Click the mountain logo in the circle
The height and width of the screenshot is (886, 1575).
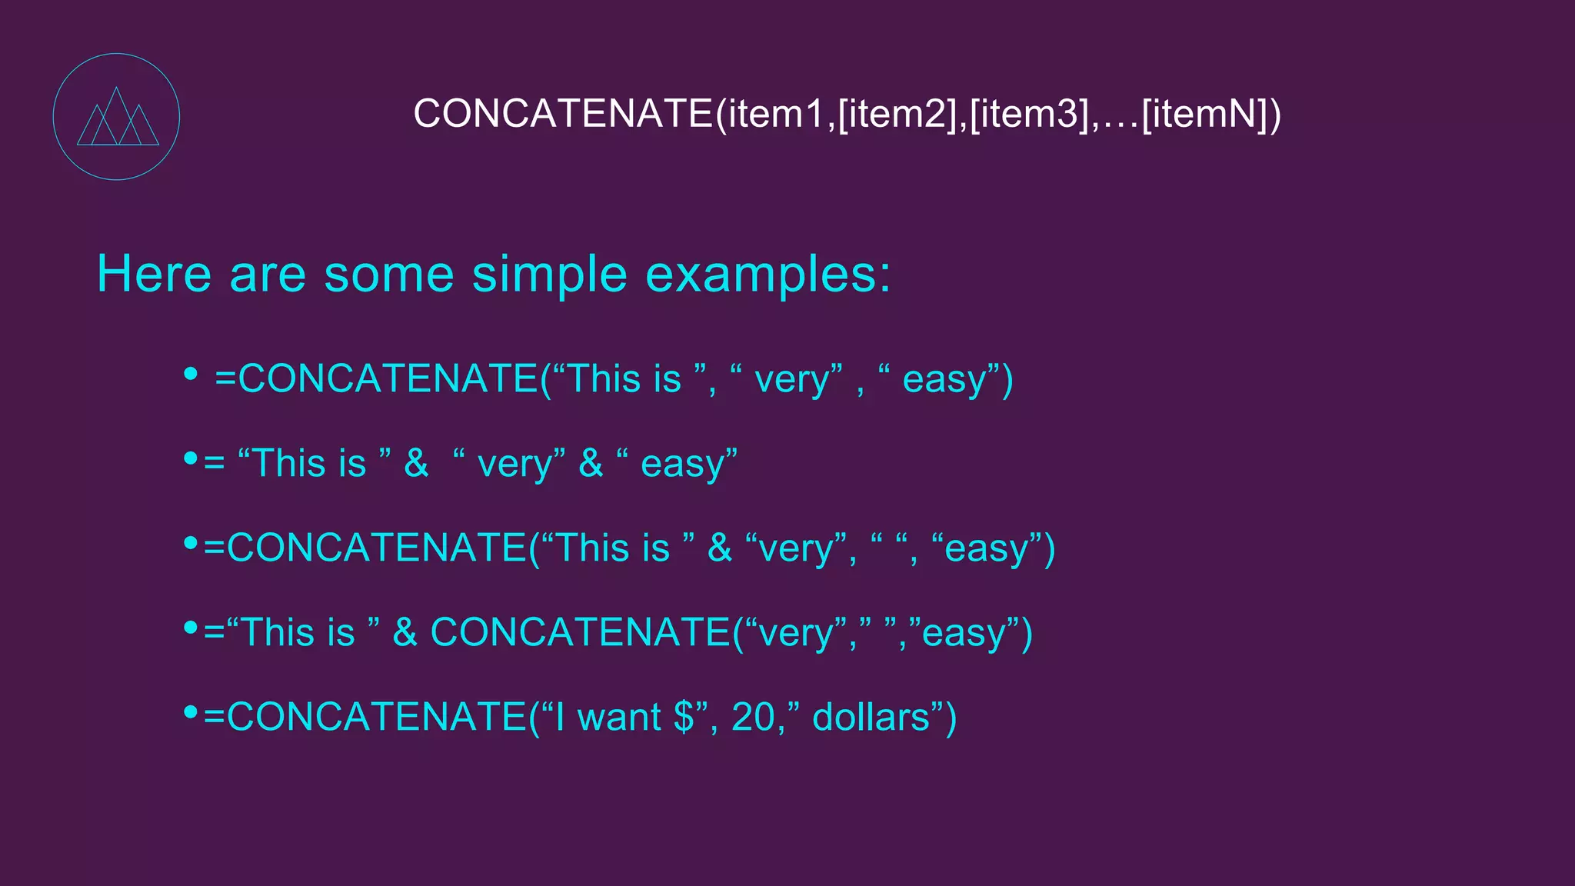[x=117, y=117]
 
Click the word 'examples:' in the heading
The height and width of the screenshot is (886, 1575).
[x=768, y=275]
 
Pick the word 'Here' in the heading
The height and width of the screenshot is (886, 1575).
[x=154, y=275]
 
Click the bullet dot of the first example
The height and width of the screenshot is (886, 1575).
[x=191, y=375]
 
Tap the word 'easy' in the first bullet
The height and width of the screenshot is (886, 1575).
[x=944, y=380]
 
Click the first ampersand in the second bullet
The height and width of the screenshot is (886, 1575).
[x=416, y=463]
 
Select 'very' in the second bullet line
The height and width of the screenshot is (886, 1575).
[x=514, y=465]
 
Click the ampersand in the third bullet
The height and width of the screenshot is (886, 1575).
[x=720, y=548]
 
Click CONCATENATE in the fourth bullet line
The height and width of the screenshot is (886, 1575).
[x=579, y=632]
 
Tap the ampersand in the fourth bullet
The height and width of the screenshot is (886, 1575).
[x=405, y=632]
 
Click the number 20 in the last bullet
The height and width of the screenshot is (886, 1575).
[x=753, y=717]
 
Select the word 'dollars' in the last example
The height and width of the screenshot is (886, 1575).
[x=871, y=717]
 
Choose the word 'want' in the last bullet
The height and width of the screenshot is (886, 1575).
[x=618, y=717]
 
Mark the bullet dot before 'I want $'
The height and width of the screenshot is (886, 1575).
[x=191, y=712]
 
